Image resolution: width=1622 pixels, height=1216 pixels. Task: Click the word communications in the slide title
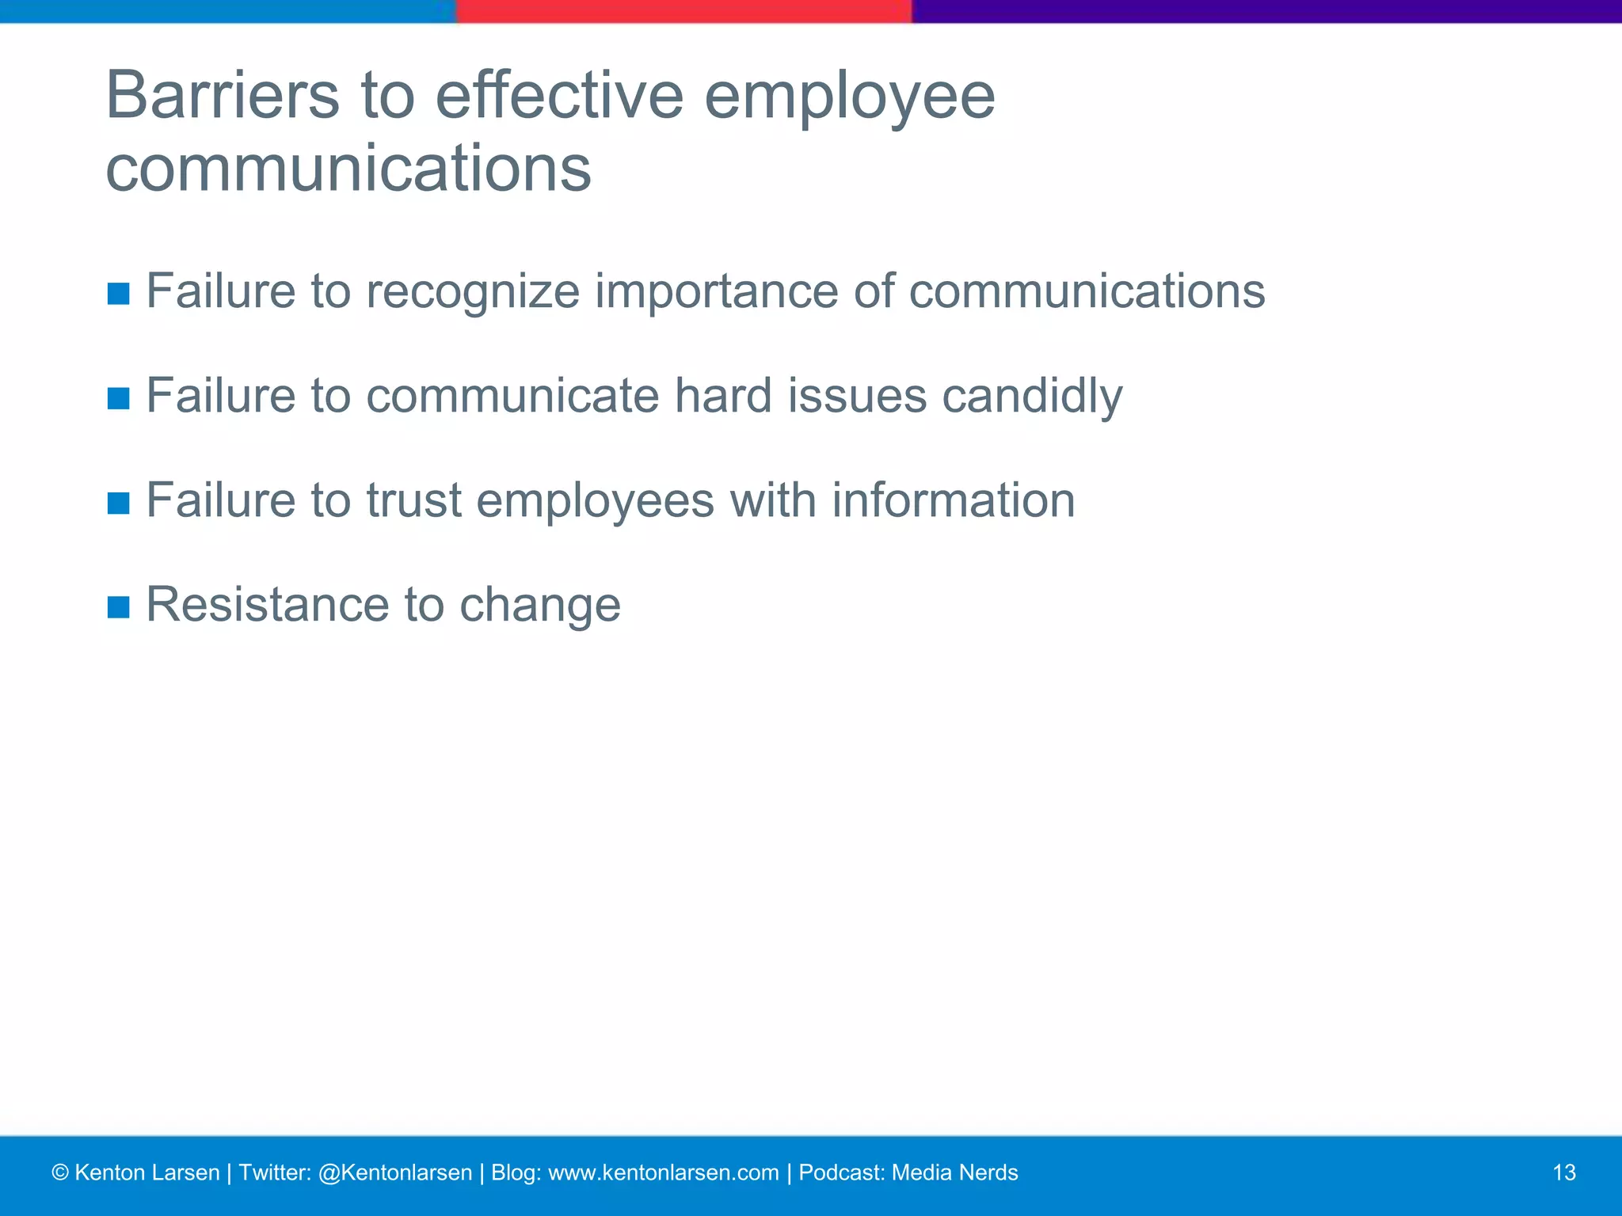348,169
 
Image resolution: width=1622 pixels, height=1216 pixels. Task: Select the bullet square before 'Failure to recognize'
118,294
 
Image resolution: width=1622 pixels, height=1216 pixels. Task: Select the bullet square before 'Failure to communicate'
118,398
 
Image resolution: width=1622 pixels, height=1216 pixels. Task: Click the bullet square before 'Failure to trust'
118,503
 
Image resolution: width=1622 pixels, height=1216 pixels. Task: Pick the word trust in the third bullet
413,500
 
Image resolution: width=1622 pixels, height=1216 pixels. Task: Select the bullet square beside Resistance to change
118,607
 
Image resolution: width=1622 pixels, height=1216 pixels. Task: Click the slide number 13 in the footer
1564,1172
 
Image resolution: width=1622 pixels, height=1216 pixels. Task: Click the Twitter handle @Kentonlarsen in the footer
394,1172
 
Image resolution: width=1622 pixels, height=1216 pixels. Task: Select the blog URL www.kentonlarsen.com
663,1172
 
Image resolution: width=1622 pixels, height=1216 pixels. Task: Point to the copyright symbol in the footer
59,1173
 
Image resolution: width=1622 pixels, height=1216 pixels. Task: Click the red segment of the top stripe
683,11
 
